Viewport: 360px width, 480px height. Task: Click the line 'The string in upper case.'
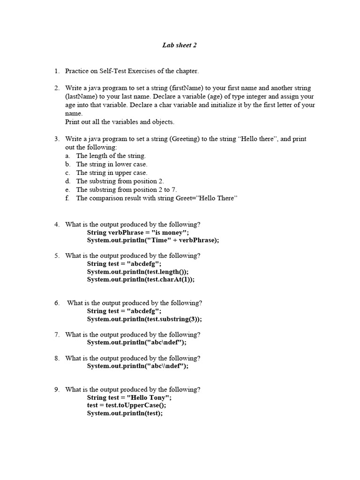(x=112, y=173)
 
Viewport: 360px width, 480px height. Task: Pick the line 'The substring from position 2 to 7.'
(x=126, y=190)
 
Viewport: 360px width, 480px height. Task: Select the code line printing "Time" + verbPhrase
(x=153, y=240)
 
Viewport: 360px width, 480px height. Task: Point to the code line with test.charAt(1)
(x=140, y=280)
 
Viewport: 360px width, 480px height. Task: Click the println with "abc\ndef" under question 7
(x=136, y=343)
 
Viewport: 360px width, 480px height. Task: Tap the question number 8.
(x=57, y=358)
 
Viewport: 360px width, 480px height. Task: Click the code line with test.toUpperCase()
(x=126, y=405)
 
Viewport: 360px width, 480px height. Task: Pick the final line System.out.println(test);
(x=125, y=413)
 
